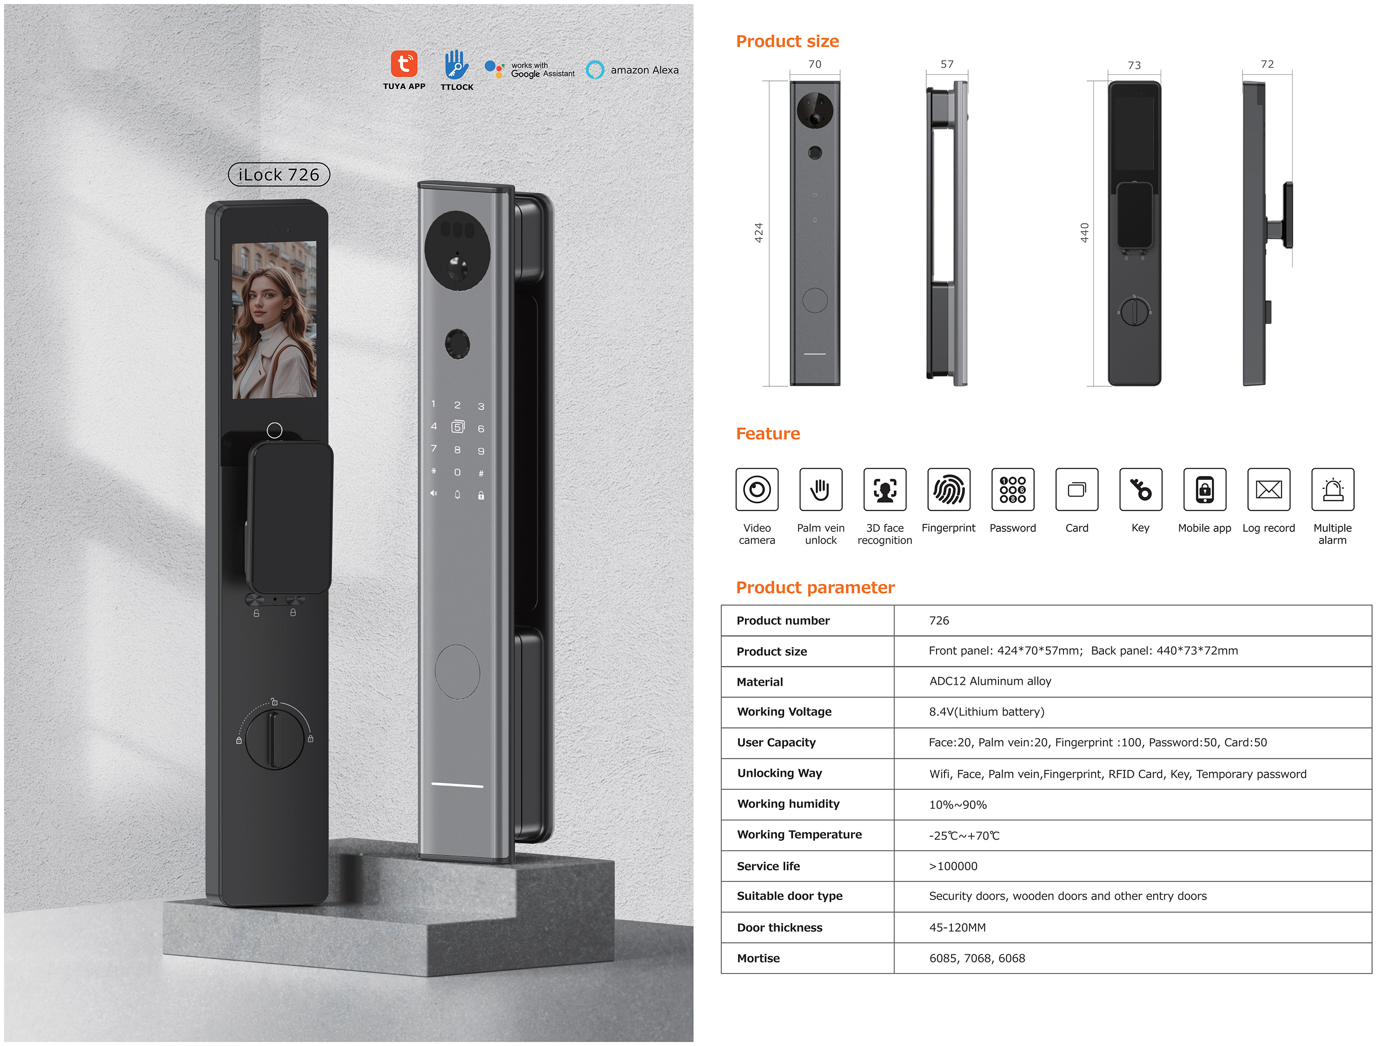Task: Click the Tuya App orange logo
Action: click(404, 64)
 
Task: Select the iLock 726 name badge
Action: click(279, 175)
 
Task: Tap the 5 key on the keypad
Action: click(458, 427)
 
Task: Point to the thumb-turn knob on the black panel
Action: click(274, 738)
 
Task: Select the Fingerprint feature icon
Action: click(949, 489)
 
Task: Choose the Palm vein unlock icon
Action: click(820, 489)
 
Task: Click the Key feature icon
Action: click(1140, 489)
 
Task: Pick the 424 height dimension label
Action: click(759, 232)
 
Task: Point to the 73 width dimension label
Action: click(1134, 66)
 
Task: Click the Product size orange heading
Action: click(787, 42)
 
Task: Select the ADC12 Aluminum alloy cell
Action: click(990, 681)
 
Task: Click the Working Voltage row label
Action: click(784, 712)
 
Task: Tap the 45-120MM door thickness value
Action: click(957, 927)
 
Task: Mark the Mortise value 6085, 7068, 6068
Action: click(977, 958)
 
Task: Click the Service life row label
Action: click(768, 866)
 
